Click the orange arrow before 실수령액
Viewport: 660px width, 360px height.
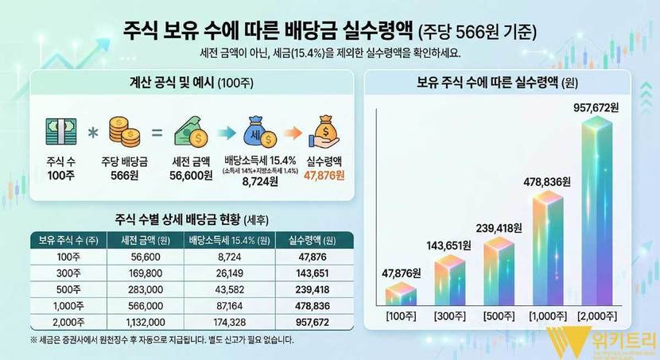pyautogui.click(x=293, y=130)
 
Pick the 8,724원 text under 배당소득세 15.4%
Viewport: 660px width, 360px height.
pyautogui.click(x=258, y=181)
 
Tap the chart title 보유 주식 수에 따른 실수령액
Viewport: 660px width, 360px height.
pyautogui.click(x=488, y=82)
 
